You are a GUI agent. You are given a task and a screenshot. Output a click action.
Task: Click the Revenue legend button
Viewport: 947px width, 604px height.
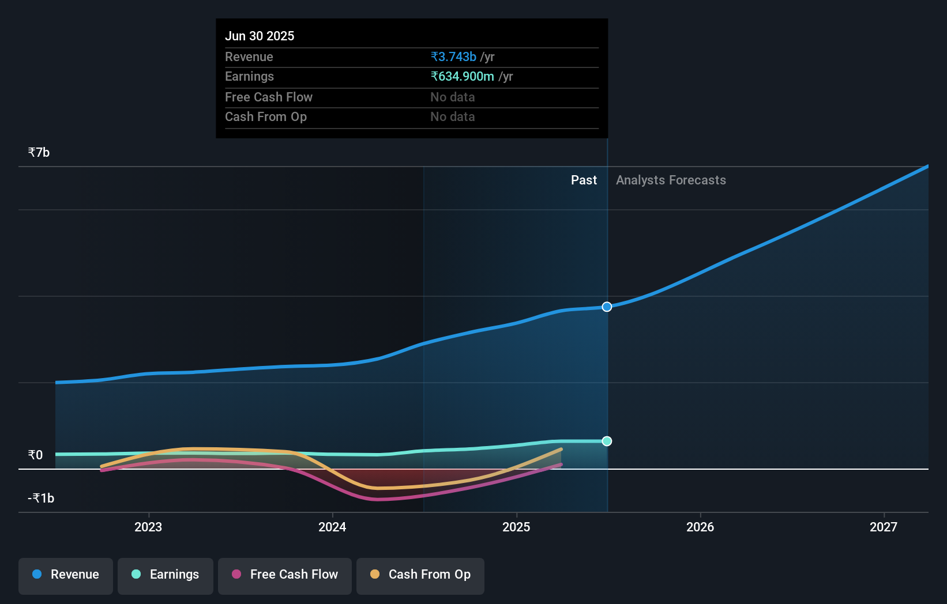coord(66,575)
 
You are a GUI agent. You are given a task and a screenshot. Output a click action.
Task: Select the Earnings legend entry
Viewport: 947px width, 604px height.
coord(166,575)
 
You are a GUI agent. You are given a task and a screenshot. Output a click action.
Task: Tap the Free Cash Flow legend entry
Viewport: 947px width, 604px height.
coord(285,575)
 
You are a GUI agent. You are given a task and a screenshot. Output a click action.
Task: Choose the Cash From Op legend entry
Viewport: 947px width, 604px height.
coord(420,575)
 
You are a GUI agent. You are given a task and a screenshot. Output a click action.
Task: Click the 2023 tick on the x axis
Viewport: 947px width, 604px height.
coord(148,527)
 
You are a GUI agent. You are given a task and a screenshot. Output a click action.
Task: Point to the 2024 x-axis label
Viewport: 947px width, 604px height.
coord(332,527)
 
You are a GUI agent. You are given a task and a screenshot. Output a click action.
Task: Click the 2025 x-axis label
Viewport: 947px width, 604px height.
coord(516,527)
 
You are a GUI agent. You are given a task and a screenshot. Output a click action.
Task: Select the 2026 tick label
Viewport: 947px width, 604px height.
coord(700,527)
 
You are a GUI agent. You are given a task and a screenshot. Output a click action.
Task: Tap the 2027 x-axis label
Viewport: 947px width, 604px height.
coord(884,527)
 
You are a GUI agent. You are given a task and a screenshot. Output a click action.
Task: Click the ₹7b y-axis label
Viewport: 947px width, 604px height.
coord(39,153)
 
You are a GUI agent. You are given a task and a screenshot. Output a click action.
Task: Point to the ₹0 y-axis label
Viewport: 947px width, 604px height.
coord(35,455)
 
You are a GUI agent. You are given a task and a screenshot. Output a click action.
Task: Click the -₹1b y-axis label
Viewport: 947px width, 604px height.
coord(41,499)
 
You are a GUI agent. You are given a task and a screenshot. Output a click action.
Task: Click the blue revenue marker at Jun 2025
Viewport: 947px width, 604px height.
coord(607,307)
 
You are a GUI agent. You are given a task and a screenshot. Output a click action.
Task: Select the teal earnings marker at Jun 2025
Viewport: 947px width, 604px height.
coord(607,441)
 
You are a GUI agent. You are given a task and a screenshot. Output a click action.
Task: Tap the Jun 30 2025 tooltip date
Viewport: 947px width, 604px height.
coord(260,36)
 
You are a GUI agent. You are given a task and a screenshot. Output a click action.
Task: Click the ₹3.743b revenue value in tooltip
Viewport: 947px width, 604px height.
coord(453,57)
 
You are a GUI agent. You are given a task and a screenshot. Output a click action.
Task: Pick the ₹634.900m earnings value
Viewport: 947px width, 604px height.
coord(462,77)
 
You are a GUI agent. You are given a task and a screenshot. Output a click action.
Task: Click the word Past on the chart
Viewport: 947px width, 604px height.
coord(584,180)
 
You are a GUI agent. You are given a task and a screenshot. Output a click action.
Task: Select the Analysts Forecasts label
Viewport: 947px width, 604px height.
coord(671,180)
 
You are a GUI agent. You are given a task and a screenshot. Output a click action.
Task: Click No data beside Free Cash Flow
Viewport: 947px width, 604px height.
coord(453,97)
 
